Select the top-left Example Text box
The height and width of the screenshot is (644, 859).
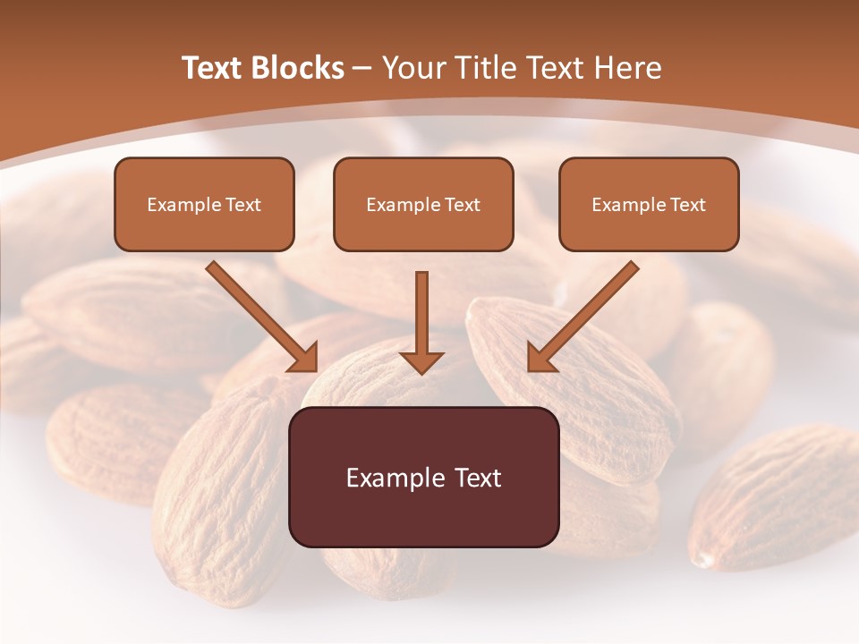tap(204, 204)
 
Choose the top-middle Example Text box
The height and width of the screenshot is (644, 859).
tap(423, 204)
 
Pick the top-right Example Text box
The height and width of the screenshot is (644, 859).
tap(649, 204)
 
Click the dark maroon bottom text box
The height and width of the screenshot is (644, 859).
tap(424, 478)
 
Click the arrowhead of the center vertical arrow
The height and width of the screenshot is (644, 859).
tap(421, 362)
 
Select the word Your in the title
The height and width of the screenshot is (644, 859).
tap(415, 68)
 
